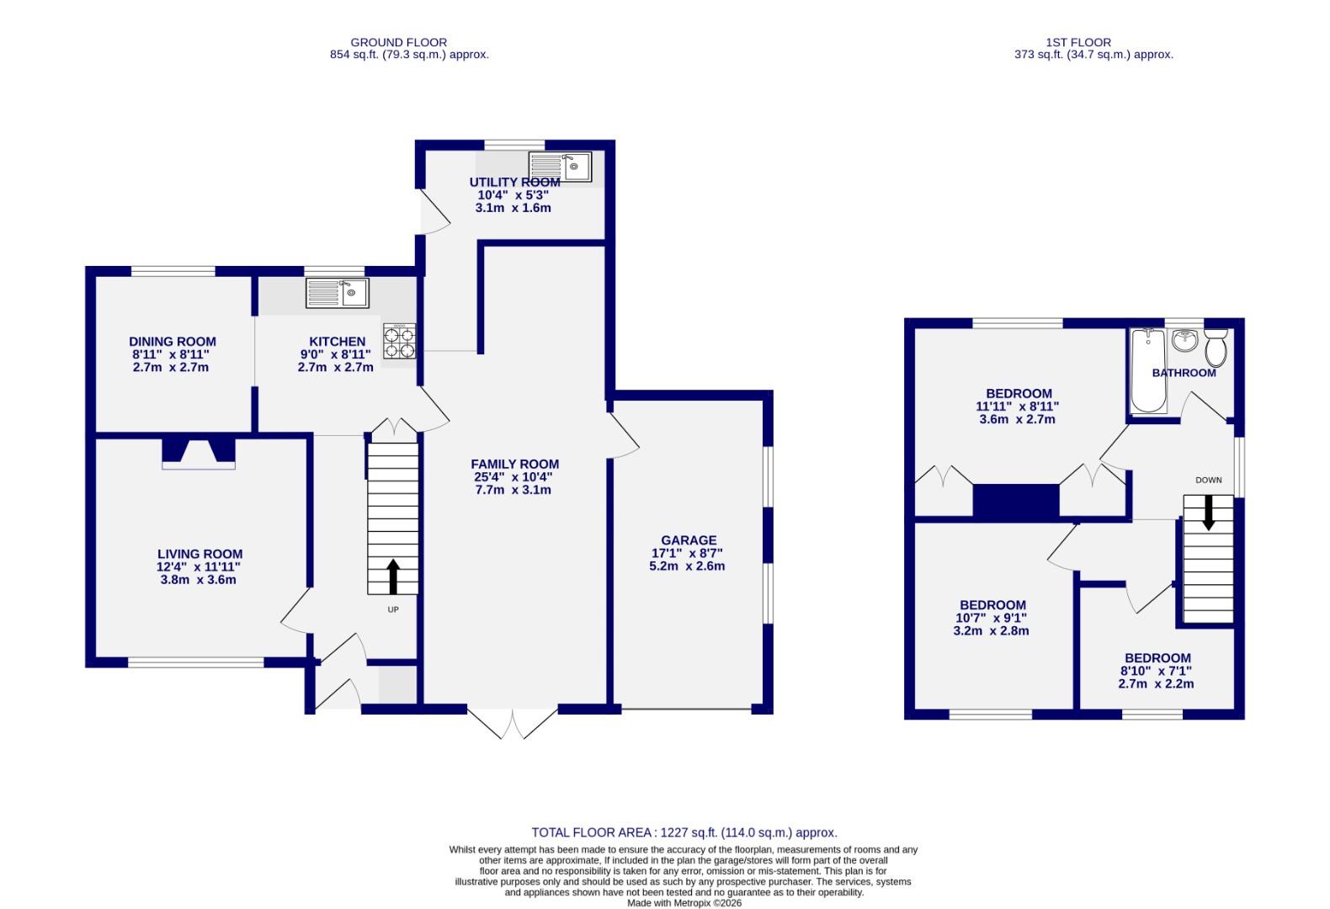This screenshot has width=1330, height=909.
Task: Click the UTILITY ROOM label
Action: pos(514,182)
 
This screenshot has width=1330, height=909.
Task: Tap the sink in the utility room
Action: pos(560,167)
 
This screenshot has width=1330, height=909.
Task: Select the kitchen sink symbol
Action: pos(337,293)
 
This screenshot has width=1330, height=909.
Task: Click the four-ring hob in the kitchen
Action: pos(400,343)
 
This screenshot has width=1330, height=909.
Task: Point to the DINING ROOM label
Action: pos(172,342)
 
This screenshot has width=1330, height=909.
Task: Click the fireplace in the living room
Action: pos(199,452)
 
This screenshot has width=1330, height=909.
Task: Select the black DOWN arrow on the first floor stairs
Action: pos(1209,513)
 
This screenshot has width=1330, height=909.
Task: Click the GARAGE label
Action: pos(689,540)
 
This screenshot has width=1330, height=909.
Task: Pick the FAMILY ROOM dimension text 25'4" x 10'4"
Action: pos(513,477)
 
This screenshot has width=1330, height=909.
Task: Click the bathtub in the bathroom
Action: pos(1148,370)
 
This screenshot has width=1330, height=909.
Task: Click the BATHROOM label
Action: pos(1184,373)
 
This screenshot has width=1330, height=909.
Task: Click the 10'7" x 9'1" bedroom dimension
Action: pos(992,618)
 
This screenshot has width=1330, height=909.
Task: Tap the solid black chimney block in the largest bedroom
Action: pos(1016,501)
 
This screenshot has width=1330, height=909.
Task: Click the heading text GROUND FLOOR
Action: pos(398,42)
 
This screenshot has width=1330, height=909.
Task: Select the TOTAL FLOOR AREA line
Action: pos(684,832)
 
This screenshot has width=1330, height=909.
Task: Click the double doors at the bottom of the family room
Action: pos(513,722)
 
